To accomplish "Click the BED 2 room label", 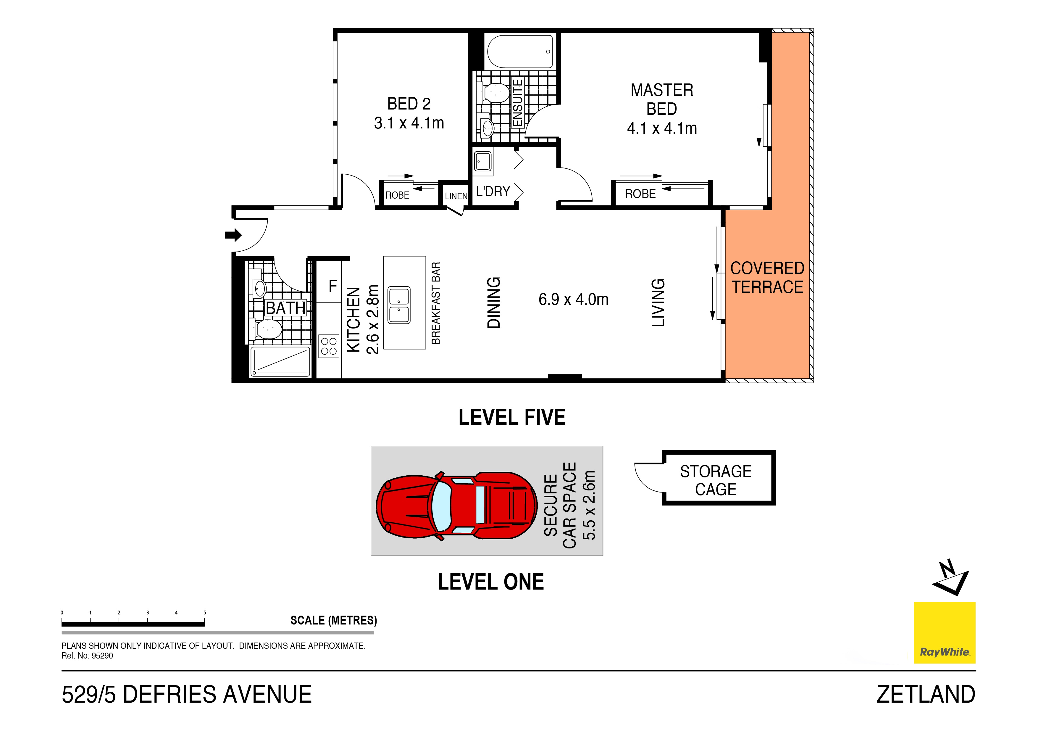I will coord(409,104).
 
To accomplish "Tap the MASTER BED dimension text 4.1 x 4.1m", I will coord(661,128).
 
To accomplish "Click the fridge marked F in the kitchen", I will coord(333,286).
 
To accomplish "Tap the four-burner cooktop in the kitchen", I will coord(329,346).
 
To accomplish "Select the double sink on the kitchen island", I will coord(399,305).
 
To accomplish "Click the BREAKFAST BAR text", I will coord(436,303).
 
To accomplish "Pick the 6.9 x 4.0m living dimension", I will coord(573,300).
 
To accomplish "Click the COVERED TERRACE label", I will coord(767,278).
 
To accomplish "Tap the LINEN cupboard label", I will coord(456,196).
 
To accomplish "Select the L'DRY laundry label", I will coord(493,192).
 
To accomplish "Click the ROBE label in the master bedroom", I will coord(640,194).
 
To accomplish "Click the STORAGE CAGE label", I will coord(716,480).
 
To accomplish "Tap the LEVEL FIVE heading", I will coord(512,417).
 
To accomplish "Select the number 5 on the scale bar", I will coord(205,613).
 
